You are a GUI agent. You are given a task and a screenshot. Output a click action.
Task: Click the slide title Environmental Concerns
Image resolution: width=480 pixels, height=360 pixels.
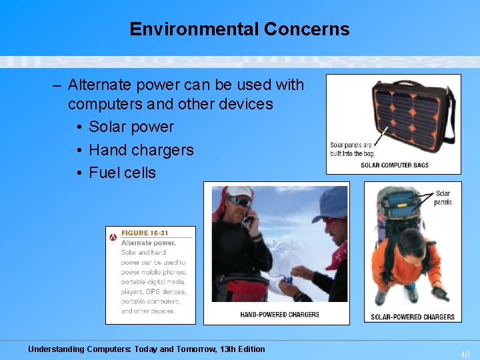click(239, 29)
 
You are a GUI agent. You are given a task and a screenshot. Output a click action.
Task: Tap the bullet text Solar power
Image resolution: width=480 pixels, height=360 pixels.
click(131, 127)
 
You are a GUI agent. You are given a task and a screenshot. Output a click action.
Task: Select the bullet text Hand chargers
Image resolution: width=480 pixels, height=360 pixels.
click(141, 150)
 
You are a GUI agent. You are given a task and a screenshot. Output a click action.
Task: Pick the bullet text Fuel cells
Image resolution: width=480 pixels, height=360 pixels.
click(122, 173)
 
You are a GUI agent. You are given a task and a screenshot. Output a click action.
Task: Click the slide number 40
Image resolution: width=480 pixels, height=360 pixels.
click(465, 353)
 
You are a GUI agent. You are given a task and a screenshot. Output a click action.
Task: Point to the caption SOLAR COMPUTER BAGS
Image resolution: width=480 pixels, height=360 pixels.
click(395, 165)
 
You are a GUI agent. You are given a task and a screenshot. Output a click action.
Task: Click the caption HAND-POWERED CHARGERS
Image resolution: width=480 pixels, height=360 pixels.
click(279, 314)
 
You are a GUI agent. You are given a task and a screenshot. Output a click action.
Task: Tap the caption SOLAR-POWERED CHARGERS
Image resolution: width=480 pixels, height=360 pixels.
click(413, 317)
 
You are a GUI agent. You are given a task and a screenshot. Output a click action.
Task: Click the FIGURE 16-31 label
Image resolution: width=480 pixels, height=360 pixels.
click(145, 233)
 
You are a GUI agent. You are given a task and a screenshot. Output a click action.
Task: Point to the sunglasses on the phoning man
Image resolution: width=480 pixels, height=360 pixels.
click(239, 201)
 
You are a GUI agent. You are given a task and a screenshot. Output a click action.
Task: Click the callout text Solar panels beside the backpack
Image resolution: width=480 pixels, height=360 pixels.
click(443, 198)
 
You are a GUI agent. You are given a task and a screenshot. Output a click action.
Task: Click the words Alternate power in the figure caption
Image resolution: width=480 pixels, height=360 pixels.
click(148, 243)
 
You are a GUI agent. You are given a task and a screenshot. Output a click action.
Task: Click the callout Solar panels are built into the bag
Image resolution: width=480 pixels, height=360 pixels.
click(353, 149)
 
